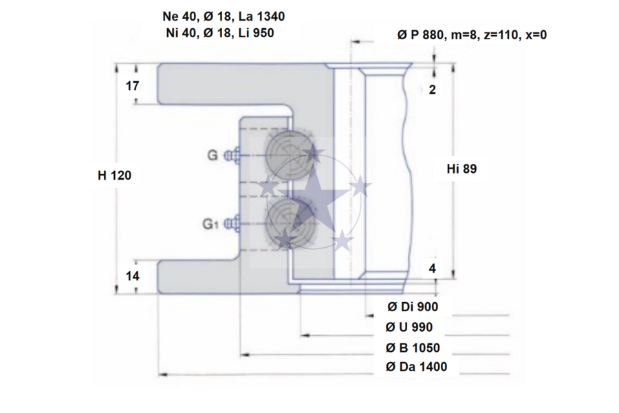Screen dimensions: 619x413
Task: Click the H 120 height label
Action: (114, 175)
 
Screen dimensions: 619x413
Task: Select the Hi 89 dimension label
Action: (461, 169)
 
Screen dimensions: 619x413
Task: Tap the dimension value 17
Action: (132, 86)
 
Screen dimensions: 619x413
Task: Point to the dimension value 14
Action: (132, 276)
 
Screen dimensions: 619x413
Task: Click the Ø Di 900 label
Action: (413, 307)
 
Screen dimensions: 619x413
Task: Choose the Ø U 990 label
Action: (409, 327)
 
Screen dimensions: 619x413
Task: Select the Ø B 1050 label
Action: (413, 348)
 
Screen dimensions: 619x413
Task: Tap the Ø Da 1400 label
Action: (416, 367)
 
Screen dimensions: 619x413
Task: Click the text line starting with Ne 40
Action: (224, 17)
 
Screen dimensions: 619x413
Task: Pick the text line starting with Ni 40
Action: (220, 33)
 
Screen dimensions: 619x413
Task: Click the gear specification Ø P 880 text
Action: (472, 35)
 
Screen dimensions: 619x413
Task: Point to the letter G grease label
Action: (213, 156)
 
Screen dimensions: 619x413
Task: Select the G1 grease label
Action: (210, 224)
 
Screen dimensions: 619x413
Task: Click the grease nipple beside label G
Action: (233, 156)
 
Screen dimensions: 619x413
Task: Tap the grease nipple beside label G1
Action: (233, 224)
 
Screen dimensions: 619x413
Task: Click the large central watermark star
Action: (314, 193)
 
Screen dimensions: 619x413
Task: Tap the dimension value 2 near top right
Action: (433, 89)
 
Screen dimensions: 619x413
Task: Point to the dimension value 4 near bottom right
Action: (433, 268)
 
